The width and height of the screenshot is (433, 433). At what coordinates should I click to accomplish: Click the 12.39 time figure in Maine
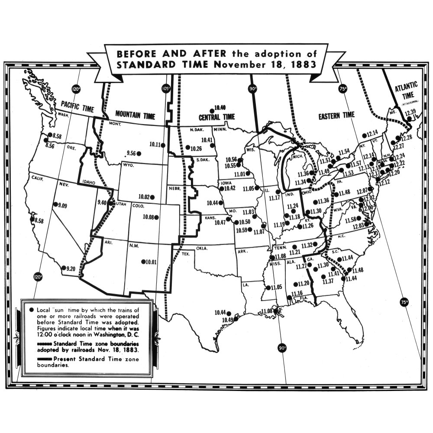pyautogui.click(x=410, y=113)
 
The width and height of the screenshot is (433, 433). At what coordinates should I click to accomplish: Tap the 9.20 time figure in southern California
pyautogui.click(x=70, y=269)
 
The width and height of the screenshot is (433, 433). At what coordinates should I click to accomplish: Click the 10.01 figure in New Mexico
pyautogui.click(x=152, y=262)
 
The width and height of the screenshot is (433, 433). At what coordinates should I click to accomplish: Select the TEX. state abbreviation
pyautogui.click(x=186, y=253)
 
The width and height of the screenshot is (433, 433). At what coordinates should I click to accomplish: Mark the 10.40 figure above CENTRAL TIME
pyautogui.click(x=220, y=107)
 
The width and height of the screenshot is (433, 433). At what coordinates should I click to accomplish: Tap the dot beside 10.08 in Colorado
pyautogui.click(x=156, y=217)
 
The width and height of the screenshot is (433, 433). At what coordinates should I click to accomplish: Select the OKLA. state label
pyautogui.click(x=202, y=249)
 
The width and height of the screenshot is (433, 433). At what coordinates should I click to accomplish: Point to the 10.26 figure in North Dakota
pyautogui.click(x=196, y=148)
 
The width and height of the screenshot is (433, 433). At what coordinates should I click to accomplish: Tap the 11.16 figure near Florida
pyautogui.click(x=297, y=294)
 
